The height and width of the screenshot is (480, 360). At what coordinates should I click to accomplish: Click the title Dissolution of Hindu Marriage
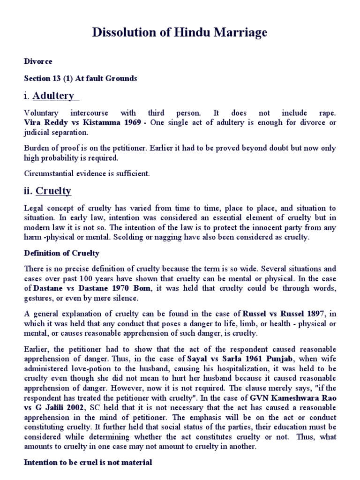180,32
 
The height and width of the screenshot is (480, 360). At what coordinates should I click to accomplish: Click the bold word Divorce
38,61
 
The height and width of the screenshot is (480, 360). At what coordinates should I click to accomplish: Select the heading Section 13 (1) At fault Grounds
80,78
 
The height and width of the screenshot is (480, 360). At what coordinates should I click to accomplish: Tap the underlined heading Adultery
53,96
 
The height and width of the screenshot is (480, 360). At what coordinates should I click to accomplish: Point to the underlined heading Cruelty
53,191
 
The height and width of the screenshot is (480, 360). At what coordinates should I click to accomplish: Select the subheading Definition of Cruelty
61,254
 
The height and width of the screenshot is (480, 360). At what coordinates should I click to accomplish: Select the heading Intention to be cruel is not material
88,462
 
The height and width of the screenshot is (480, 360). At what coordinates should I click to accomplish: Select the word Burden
36,148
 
